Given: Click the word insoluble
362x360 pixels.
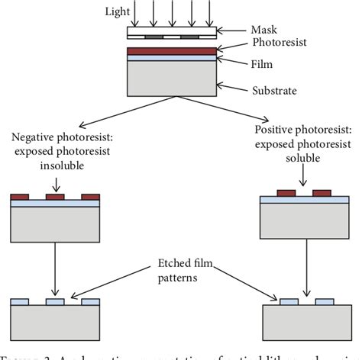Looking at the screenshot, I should point(53,164).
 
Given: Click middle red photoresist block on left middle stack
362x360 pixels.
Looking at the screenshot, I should point(55,197).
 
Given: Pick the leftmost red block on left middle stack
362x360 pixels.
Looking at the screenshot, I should point(20,197).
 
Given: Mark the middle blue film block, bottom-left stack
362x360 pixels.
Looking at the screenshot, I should point(55,302).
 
